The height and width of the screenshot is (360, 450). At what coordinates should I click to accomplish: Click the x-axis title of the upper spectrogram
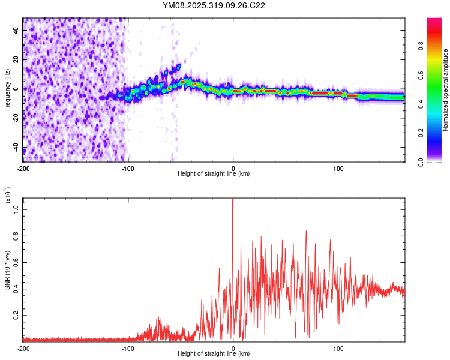tap(214, 174)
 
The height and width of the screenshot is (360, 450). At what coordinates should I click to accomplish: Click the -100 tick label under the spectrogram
tap(128, 167)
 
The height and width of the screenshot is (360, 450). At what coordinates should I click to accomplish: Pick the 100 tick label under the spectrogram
tap(338, 167)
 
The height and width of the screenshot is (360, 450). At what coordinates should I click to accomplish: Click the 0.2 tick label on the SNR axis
tap(16, 314)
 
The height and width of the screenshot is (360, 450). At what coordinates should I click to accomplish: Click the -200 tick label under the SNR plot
tap(23, 348)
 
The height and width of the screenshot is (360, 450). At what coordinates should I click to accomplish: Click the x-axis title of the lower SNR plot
tap(214, 354)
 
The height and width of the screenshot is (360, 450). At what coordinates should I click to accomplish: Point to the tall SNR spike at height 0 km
tap(233, 204)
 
